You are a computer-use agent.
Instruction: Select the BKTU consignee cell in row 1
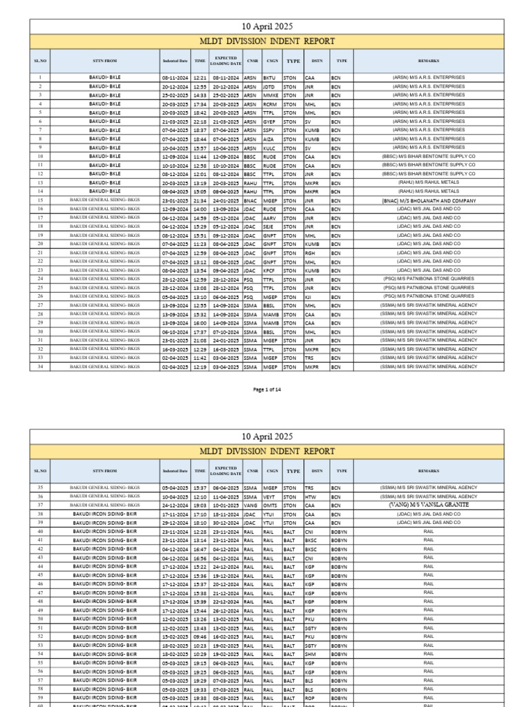click(x=269, y=78)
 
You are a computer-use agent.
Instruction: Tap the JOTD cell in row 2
click(x=269, y=87)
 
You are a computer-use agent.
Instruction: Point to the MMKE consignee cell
click(x=270, y=95)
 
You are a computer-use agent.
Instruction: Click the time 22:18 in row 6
click(x=200, y=122)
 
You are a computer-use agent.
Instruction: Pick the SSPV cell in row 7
click(x=269, y=130)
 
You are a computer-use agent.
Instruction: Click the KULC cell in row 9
click(x=269, y=148)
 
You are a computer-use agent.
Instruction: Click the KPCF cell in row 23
click(x=269, y=271)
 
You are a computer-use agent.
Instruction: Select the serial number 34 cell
click(x=40, y=367)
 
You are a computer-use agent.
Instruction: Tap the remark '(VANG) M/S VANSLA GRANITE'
click(x=429, y=505)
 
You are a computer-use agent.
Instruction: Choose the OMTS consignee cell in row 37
click(x=270, y=505)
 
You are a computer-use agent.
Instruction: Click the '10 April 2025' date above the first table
click(x=266, y=26)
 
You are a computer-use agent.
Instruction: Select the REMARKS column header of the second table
click(x=429, y=471)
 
